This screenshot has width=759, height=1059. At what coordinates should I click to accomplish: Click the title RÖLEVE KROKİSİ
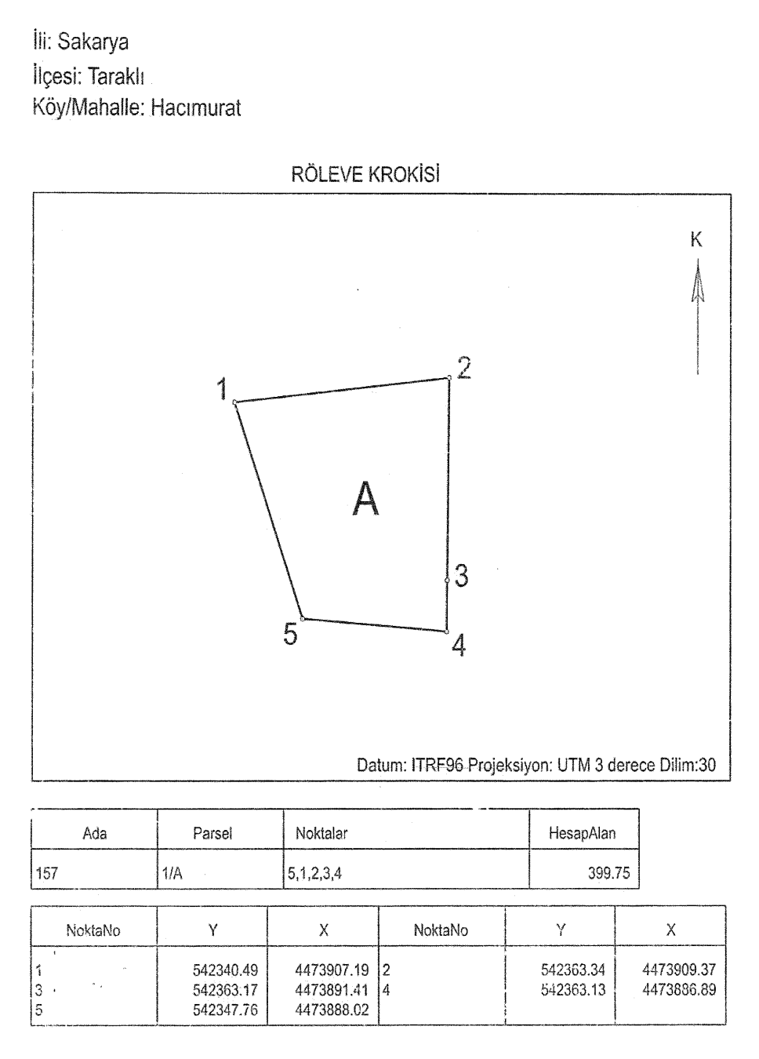365,174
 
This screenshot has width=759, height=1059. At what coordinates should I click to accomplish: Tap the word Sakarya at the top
93,42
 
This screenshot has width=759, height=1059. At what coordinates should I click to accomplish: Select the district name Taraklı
116,76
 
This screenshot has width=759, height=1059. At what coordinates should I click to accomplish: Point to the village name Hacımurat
196,107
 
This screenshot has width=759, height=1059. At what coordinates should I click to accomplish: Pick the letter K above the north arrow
696,240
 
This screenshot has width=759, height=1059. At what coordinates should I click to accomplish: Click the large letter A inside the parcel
366,499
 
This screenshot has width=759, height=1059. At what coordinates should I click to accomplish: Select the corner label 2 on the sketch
464,368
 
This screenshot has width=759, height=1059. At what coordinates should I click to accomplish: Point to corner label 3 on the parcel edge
461,576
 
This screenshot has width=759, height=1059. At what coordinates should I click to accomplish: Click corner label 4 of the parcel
459,646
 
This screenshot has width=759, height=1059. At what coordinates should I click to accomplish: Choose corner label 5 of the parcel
290,634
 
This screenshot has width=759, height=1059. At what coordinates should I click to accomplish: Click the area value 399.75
608,873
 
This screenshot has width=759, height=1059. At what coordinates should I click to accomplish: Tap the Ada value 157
47,873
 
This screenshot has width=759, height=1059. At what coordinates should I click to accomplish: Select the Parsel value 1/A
172,873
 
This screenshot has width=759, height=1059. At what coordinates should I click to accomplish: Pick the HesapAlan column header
583,832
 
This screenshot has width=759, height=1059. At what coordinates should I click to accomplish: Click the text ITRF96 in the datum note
438,765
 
